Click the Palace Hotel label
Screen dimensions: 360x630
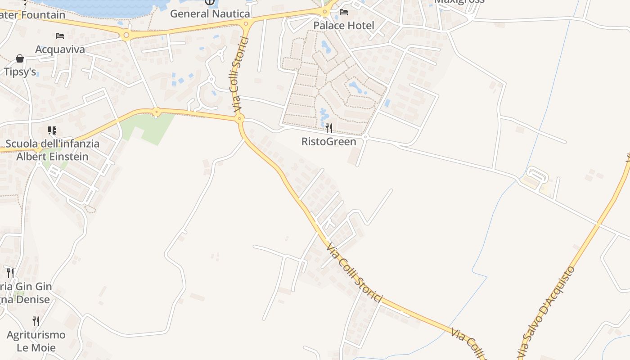343,26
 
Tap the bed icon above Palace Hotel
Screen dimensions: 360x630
344,12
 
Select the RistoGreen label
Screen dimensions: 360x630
328,142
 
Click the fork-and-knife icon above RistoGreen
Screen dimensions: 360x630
329,128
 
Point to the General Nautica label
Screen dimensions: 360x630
210,13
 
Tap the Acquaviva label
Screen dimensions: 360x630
60,49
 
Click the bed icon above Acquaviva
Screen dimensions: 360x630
60,36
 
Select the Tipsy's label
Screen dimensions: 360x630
20,72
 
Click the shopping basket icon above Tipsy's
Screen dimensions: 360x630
20,58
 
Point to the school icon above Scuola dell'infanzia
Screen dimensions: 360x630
52,131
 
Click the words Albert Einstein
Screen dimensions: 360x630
52,157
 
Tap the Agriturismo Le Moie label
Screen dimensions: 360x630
36,341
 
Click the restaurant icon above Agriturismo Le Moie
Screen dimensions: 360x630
36,321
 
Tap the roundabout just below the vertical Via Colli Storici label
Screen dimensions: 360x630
240,119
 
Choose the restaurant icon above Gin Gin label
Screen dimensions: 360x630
10,273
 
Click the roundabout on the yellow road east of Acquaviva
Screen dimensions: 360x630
126,35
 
